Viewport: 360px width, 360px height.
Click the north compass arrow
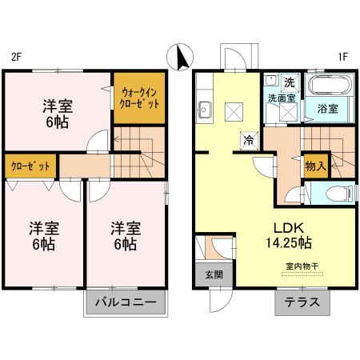coord(180,58)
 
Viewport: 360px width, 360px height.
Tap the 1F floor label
coord(343,57)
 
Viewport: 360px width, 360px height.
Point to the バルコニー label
coord(126,302)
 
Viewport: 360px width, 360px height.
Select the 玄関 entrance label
coord(204,274)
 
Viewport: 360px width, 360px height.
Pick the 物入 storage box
coord(316,166)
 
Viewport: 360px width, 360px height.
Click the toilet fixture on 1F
coord(331,194)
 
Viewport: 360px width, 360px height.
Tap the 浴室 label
coord(326,107)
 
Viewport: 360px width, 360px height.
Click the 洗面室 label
coord(282,98)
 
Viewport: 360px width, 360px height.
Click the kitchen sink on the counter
coord(203,110)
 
